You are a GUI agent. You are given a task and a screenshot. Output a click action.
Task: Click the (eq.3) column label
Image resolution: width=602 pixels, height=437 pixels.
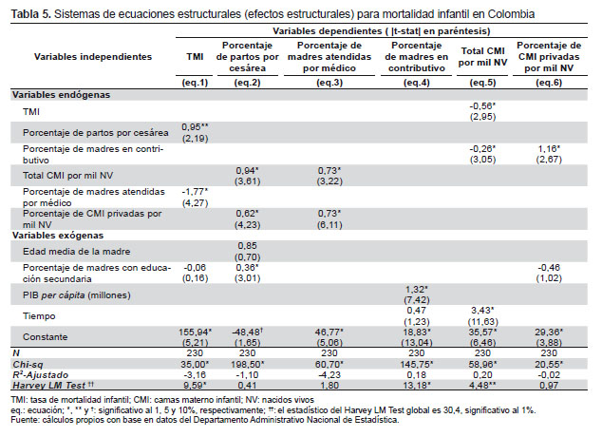click(329, 83)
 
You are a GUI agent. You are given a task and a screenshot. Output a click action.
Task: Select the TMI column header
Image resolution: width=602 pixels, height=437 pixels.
click(195, 57)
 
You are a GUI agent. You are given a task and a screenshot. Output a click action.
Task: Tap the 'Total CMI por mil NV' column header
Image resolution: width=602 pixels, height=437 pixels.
click(482, 57)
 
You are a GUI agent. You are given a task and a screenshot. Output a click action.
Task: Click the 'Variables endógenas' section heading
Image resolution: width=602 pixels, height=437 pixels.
click(61, 95)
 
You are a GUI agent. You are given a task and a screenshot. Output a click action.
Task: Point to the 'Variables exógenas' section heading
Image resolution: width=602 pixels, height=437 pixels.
click(58, 236)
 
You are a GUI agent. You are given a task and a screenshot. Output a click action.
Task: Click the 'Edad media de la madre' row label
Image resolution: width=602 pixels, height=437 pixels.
click(76, 252)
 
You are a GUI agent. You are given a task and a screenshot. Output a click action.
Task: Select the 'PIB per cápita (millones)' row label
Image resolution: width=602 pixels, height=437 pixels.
click(76, 294)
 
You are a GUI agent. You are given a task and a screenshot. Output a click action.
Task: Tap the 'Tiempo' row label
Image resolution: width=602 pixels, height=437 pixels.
click(39, 316)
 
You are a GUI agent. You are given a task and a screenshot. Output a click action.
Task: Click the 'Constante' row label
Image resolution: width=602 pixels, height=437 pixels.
click(45, 336)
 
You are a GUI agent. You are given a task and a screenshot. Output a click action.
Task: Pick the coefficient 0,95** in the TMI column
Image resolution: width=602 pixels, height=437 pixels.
click(195, 127)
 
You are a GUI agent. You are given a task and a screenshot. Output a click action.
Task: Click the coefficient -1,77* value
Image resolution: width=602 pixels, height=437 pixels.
click(195, 191)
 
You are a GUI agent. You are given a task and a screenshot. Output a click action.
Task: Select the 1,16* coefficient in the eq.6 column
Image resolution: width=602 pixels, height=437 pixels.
click(549, 148)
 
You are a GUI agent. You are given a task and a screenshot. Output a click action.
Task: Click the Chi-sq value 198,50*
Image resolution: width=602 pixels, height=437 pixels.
click(247, 364)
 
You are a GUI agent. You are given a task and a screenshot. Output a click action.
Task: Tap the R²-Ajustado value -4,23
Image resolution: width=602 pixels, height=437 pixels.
click(329, 375)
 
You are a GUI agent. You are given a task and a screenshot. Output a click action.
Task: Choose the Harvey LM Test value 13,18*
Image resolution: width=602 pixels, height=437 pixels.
click(417, 385)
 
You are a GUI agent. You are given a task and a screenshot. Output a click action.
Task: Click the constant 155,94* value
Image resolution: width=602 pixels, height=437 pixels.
click(196, 332)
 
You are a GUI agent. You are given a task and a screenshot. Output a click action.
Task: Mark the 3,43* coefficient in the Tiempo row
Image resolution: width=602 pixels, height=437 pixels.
click(482, 311)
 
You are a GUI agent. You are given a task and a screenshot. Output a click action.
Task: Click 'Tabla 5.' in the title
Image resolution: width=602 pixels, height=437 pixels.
click(31, 14)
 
